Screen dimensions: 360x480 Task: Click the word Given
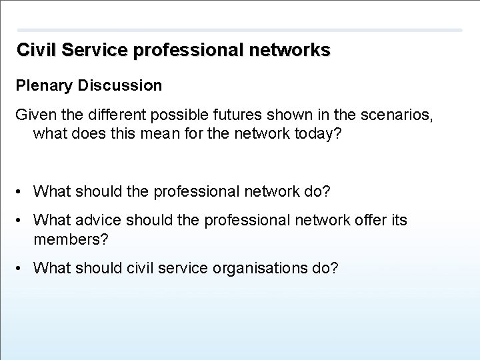click(x=33, y=115)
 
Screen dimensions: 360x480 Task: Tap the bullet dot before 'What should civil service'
click(x=21, y=269)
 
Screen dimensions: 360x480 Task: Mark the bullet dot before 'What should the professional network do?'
click(x=21, y=192)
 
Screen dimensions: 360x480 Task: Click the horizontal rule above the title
click(x=239, y=30)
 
